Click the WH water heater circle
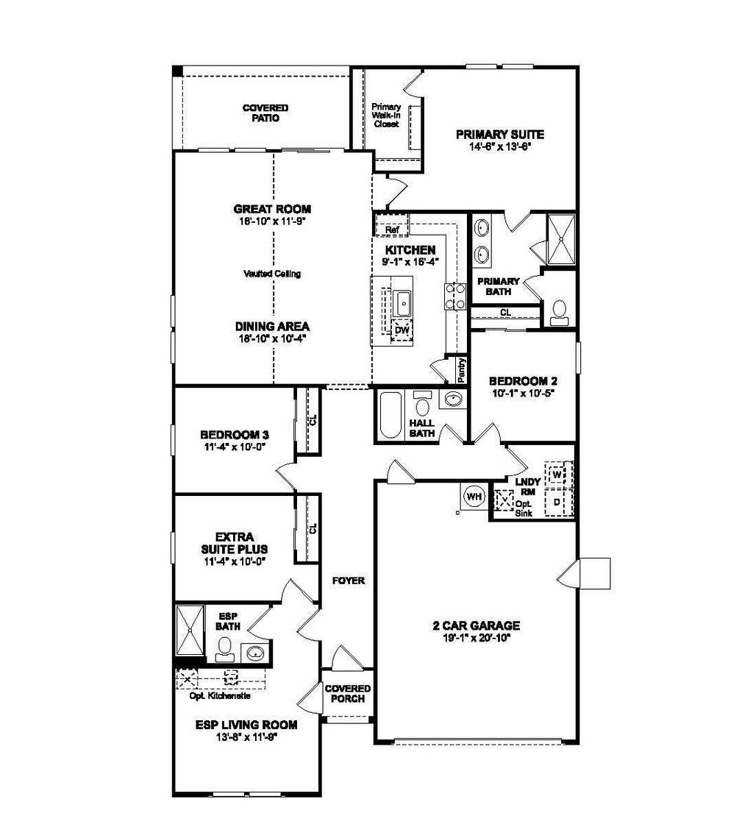coord(474,497)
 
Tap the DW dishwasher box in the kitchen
coord(402,330)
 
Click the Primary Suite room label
coord(499,135)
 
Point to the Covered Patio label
coord(265,113)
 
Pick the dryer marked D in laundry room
coord(557,503)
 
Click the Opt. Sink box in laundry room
coord(504,502)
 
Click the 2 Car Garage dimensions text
coord(476,638)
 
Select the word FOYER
coord(349,580)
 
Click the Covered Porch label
coord(348,694)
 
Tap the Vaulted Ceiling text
coord(272,274)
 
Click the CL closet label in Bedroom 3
coord(313,421)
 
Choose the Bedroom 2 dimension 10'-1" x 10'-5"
coord(523,394)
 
